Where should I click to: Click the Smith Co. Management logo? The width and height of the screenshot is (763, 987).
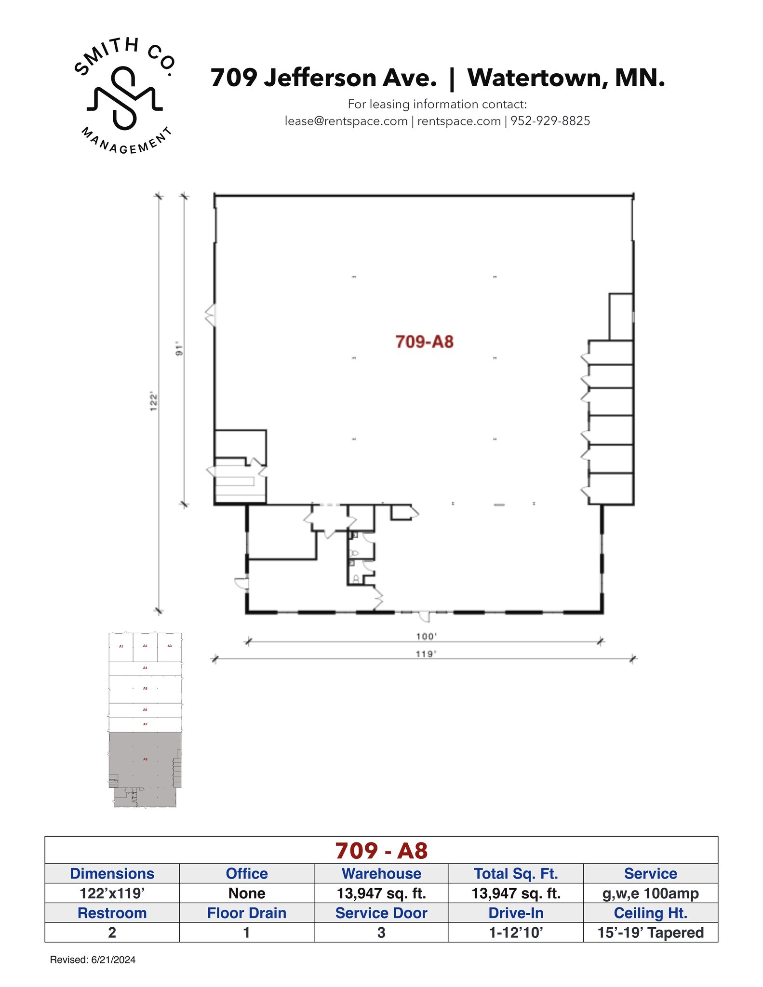[x=124, y=95]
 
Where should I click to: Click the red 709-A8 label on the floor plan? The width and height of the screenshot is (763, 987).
[x=424, y=342]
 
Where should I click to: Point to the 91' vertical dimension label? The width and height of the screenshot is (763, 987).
[x=179, y=349]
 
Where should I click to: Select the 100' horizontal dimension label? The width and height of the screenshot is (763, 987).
[x=426, y=636]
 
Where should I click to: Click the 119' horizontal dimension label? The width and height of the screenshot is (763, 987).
[x=426, y=654]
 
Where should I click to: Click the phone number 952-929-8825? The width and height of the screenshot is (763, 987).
[x=550, y=121]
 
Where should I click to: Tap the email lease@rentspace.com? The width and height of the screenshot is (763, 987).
[x=346, y=121]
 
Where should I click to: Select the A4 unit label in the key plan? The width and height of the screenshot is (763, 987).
[x=145, y=668]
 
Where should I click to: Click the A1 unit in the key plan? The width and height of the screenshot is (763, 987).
[x=121, y=646]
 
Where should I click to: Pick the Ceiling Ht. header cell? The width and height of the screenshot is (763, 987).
[x=650, y=913]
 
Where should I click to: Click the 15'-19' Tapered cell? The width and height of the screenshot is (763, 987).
[x=650, y=933]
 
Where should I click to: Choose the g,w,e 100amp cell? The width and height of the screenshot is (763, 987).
[x=650, y=893]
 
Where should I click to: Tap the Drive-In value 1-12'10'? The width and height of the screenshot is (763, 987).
[x=516, y=933]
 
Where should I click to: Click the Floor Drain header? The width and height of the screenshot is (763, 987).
[x=246, y=913]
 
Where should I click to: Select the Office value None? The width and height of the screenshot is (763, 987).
[x=246, y=893]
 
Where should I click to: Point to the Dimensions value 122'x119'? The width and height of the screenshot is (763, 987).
[x=112, y=893]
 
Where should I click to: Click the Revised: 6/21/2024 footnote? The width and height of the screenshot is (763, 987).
[x=93, y=960]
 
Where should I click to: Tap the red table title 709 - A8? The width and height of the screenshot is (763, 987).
[x=381, y=851]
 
